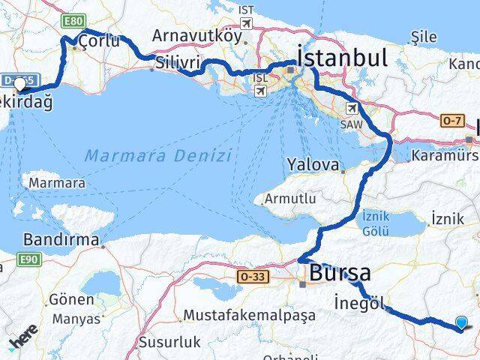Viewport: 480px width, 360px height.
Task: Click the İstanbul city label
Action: pyautogui.click(x=342, y=57)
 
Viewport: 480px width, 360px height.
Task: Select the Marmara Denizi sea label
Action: pyautogui.click(x=157, y=156)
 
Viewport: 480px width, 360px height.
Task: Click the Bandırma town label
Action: pyautogui.click(x=61, y=240)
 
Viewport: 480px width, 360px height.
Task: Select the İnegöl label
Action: pyautogui.click(x=361, y=303)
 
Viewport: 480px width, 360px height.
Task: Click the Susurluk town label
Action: pyautogui.click(x=169, y=343)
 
